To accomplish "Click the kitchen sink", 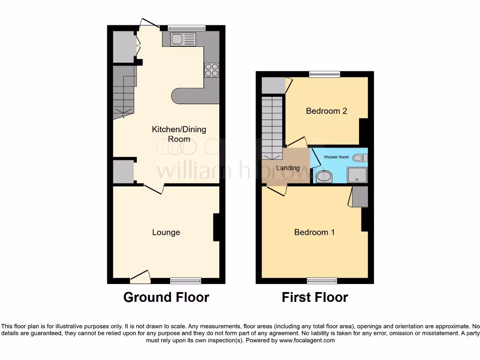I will (x=183, y=40).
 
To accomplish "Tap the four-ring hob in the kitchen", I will (x=211, y=69).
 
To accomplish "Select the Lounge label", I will (x=166, y=232).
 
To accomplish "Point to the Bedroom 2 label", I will (x=326, y=111).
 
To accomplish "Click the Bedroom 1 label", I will (x=314, y=232).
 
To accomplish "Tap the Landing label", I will (x=287, y=168).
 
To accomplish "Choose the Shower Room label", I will (x=337, y=157).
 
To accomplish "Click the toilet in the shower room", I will (x=360, y=158).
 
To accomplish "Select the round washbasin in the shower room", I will (x=323, y=177).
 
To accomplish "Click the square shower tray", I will (x=357, y=175).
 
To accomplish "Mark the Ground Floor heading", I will (x=166, y=297).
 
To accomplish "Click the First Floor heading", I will (x=315, y=297).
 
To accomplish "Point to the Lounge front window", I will (x=186, y=281).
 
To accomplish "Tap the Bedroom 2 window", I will (x=324, y=74).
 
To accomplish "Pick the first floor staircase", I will (x=272, y=127).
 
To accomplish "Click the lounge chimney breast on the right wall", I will (x=216, y=227).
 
